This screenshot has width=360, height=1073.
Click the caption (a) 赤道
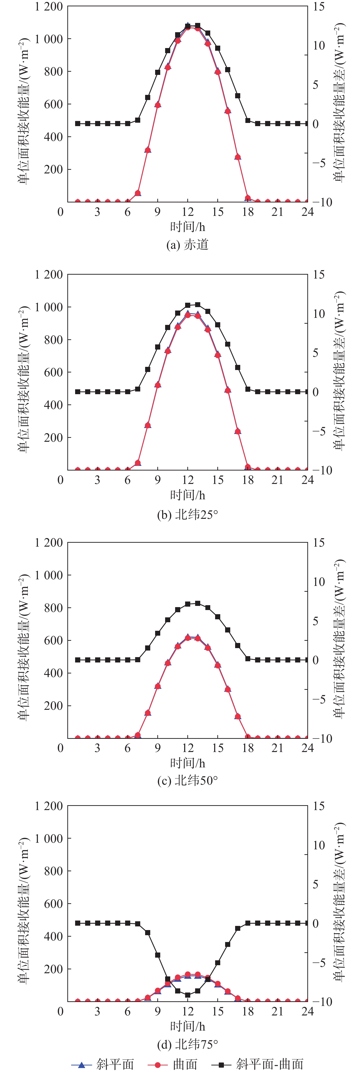[187, 244]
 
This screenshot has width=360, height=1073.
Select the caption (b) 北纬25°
[187, 514]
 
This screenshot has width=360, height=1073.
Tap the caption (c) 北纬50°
[187, 780]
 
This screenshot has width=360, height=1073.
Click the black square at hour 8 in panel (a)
[148, 98]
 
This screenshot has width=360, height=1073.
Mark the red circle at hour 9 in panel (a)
[158, 105]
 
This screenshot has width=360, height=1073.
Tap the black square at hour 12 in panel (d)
[188, 995]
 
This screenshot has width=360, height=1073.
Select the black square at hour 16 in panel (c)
[228, 630]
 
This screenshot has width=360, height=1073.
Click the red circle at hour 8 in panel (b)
[148, 425]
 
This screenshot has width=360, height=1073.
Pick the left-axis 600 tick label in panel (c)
[53, 641]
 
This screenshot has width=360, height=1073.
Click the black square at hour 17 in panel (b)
[238, 367]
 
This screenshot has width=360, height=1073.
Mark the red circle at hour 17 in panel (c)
[238, 716]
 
